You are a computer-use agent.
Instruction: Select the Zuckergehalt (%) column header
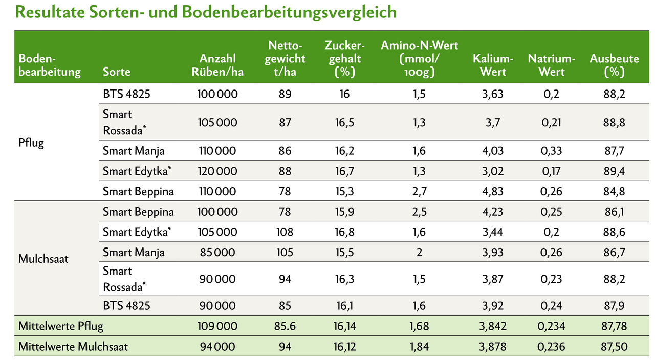pos(344,59)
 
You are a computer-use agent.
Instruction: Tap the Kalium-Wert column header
pos(492,65)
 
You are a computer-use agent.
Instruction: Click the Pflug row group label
pos(31,142)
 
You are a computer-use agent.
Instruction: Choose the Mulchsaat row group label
pos(43,258)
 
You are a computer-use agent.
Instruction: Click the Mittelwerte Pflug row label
pos(60,326)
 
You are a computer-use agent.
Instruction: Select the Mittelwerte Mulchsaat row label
pos(73,346)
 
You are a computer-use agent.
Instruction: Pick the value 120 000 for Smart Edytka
pos(217,171)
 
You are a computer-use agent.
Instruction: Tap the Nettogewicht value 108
pos(285,232)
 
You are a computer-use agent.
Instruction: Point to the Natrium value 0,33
pos(551,151)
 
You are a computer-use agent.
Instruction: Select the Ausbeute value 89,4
pos(614,171)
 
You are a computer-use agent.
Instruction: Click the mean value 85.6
pos(285,326)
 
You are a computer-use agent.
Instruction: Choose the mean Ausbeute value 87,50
pos(614,346)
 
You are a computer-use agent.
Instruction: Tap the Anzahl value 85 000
pos(217,252)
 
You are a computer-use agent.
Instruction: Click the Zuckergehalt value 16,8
pos(344,232)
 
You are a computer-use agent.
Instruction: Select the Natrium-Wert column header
pos(551,65)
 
